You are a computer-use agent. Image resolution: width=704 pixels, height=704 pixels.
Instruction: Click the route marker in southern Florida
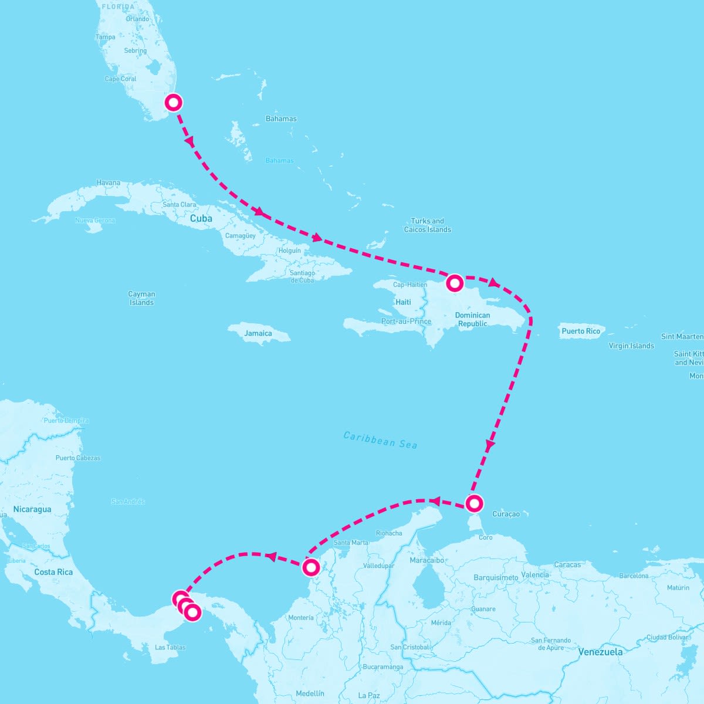click(173, 102)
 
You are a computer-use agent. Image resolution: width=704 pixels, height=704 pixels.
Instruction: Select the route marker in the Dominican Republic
click(455, 283)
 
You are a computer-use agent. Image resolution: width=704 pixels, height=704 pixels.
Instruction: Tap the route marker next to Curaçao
click(474, 503)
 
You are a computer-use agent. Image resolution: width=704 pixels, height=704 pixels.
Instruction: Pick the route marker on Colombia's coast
click(311, 567)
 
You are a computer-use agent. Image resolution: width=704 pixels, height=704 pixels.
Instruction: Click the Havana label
click(109, 182)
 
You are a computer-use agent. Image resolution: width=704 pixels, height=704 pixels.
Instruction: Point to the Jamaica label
click(258, 333)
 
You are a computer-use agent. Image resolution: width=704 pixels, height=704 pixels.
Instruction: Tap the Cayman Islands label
click(141, 298)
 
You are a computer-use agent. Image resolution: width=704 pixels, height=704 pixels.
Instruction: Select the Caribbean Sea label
click(380, 440)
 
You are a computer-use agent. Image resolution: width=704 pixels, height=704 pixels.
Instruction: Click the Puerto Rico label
click(581, 331)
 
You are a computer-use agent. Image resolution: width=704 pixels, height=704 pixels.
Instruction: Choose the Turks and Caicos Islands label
click(428, 225)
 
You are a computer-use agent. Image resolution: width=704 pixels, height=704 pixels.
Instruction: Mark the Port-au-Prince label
click(406, 321)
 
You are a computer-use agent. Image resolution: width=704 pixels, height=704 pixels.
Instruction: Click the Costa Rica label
click(53, 572)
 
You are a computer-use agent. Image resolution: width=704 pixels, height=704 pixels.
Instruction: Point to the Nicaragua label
click(32, 509)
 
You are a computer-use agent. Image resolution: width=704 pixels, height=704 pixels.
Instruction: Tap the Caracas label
click(567, 564)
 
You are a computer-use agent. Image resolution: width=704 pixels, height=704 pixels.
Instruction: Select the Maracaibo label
click(428, 560)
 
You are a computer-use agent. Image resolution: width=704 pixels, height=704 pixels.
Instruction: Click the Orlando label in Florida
click(137, 19)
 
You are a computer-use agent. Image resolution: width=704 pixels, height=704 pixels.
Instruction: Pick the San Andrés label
click(128, 502)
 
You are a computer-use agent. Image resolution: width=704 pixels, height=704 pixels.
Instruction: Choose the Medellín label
click(310, 693)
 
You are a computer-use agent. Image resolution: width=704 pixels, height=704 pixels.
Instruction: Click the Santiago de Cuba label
click(302, 276)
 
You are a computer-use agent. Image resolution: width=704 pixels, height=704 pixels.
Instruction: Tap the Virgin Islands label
click(631, 346)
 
